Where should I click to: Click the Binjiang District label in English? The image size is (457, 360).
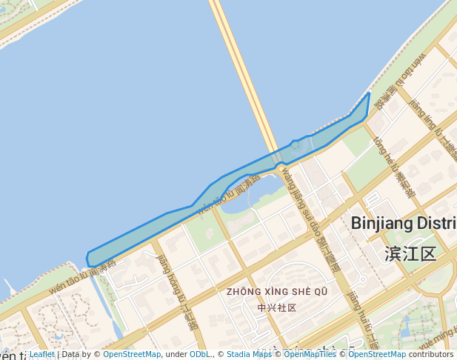(x=404, y=223)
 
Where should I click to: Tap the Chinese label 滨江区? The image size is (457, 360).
(x=410, y=254)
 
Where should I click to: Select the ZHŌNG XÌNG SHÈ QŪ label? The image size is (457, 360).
(x=277, y=292)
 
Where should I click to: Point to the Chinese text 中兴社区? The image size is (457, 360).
(x=277, y=307)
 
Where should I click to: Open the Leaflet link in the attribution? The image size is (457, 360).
(x=41, y=355)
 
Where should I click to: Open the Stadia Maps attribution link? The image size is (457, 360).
(x=249, y=355)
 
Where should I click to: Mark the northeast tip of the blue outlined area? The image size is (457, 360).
(x=369, y=93)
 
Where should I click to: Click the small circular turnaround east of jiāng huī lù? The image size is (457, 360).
(x=361, y=280)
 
